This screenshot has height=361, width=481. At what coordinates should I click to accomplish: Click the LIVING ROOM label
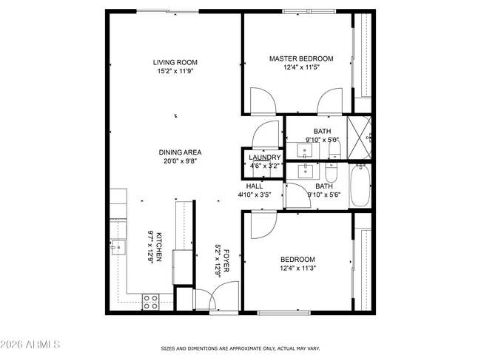(175, 62)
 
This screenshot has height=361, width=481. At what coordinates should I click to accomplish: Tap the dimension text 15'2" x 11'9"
(175, 72)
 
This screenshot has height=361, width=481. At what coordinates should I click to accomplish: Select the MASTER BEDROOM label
(300, 58)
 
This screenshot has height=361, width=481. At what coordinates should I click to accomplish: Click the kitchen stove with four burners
(150, 301)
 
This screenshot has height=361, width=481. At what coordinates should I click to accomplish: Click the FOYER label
(226, 260)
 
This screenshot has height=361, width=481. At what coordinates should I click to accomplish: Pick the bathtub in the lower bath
(359, 187)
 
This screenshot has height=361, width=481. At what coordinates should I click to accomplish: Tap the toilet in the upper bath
(334, 151)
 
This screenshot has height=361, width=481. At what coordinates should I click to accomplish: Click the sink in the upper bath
(305, 152)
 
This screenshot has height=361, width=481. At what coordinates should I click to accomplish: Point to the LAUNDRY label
(264, 158)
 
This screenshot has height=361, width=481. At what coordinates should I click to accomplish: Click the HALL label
(254, 186)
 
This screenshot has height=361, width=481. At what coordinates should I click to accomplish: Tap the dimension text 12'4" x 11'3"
(297, 269)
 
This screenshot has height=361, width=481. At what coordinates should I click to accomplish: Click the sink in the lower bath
(305, 171)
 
